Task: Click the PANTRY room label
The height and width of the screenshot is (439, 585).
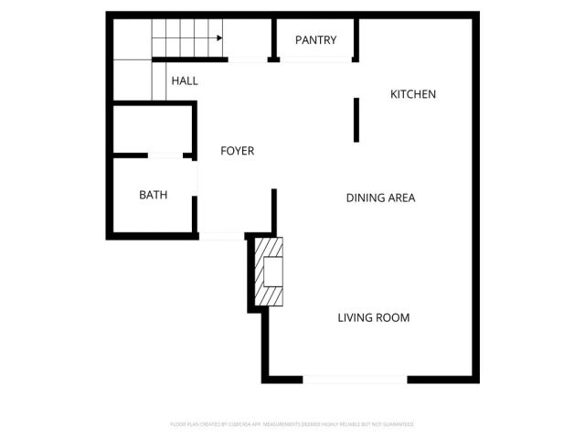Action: point(316,40)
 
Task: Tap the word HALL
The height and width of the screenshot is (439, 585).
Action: point(184,80)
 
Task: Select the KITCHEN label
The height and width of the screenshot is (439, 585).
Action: point(413,94)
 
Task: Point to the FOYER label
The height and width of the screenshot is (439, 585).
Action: point(238,151)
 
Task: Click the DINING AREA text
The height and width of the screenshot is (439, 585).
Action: point(380,198)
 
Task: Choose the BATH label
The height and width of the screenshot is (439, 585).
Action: point(153,195)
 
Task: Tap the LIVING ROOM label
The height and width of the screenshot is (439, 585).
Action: point(373,318)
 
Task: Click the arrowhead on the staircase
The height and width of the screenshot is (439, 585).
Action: point(220,38)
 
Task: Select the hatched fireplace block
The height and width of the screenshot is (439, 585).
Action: point(270,272)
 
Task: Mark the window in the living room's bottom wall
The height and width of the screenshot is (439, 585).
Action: point(355,380)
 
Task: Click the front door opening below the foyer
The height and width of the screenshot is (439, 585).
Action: point(220,237)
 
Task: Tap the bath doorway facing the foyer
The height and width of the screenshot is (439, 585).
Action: point(195,178)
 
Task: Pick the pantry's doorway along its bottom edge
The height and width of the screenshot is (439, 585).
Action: point(316,59)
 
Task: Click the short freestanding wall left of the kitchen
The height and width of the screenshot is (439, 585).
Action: point(356,120)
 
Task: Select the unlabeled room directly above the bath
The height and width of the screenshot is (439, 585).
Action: point(151,129)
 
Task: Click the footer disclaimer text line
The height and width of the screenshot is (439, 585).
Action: point(292,424)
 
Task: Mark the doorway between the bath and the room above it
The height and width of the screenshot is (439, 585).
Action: point(165,156)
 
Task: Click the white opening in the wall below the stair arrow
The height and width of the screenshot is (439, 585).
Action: point(248,59)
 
